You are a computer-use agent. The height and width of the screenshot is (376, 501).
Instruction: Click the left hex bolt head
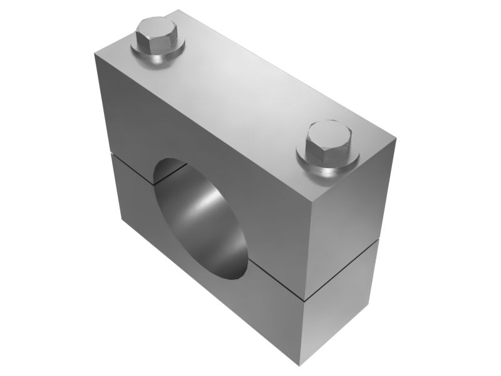(157, 36)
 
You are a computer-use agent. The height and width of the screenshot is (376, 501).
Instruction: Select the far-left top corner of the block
(94, 55)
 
